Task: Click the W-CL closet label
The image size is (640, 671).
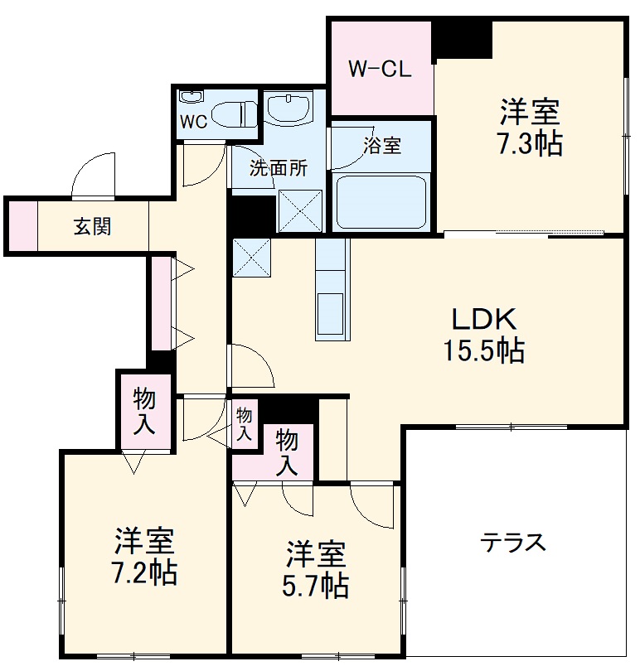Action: (380, 69)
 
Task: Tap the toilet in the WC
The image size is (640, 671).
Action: (234, 114)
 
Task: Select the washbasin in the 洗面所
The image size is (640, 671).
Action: (288, 108)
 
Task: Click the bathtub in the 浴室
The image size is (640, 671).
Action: (381, 202)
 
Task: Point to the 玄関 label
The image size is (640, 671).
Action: (93, 226)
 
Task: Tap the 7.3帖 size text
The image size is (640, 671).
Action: (530, 144)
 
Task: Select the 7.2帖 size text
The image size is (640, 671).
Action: (144, 573)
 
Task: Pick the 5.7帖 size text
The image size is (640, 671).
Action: (315, 586)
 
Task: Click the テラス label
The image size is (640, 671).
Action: (513, 543)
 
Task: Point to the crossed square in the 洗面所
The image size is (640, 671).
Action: (300, 211)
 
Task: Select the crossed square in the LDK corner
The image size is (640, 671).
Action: (251, 258)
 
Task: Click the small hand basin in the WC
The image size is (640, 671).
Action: (191, 96)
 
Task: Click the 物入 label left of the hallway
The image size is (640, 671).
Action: (143, 411)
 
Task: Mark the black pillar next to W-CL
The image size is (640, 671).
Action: (462, 40)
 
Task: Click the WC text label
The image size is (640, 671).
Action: (194, 122)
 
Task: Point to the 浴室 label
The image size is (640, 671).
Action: (382, 146)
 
